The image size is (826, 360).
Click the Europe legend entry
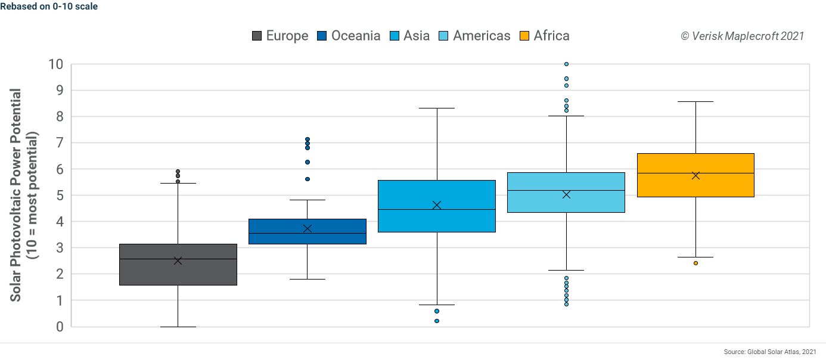point(280,36)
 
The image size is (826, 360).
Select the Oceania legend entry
point(349,36)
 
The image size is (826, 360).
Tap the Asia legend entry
point(409,36)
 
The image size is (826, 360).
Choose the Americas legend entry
point(474,36)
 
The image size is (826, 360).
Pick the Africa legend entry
point(545,36)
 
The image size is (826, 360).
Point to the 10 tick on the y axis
point(56,64)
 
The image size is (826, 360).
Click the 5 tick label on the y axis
point(60,195)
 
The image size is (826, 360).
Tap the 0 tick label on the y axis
point(60,327)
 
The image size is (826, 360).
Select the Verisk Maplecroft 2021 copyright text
point(742,36)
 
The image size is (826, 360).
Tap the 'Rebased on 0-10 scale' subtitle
point(49,7)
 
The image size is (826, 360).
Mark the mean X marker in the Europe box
point(178,260)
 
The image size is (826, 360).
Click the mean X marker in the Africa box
point(695,175)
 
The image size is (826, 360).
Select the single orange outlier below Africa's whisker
point(695,263)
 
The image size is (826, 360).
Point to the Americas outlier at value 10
point(566,64)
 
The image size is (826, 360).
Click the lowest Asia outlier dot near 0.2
point(437,321)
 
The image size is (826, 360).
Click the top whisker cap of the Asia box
point(437,108)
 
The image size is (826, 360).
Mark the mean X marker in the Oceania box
point(308,228)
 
